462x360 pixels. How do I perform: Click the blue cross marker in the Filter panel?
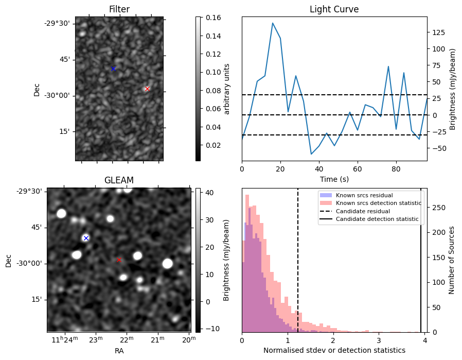(x=113, y=68)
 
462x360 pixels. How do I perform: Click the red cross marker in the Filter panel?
(x=147, y=89)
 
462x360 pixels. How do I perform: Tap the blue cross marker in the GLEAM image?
(x=86, y=238)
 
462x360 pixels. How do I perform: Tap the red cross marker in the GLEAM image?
(x=119, y=260)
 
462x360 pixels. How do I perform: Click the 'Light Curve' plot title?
(x=334, y=9)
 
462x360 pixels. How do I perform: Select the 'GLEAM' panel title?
(x=119, y=180)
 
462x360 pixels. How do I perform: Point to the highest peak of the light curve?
(x=273, y=23)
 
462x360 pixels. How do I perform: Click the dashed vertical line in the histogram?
(x=298, y=268)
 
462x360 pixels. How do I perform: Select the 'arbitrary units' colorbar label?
(x=227, y=89)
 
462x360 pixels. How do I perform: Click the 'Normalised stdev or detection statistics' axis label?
(x=334, y=350)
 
